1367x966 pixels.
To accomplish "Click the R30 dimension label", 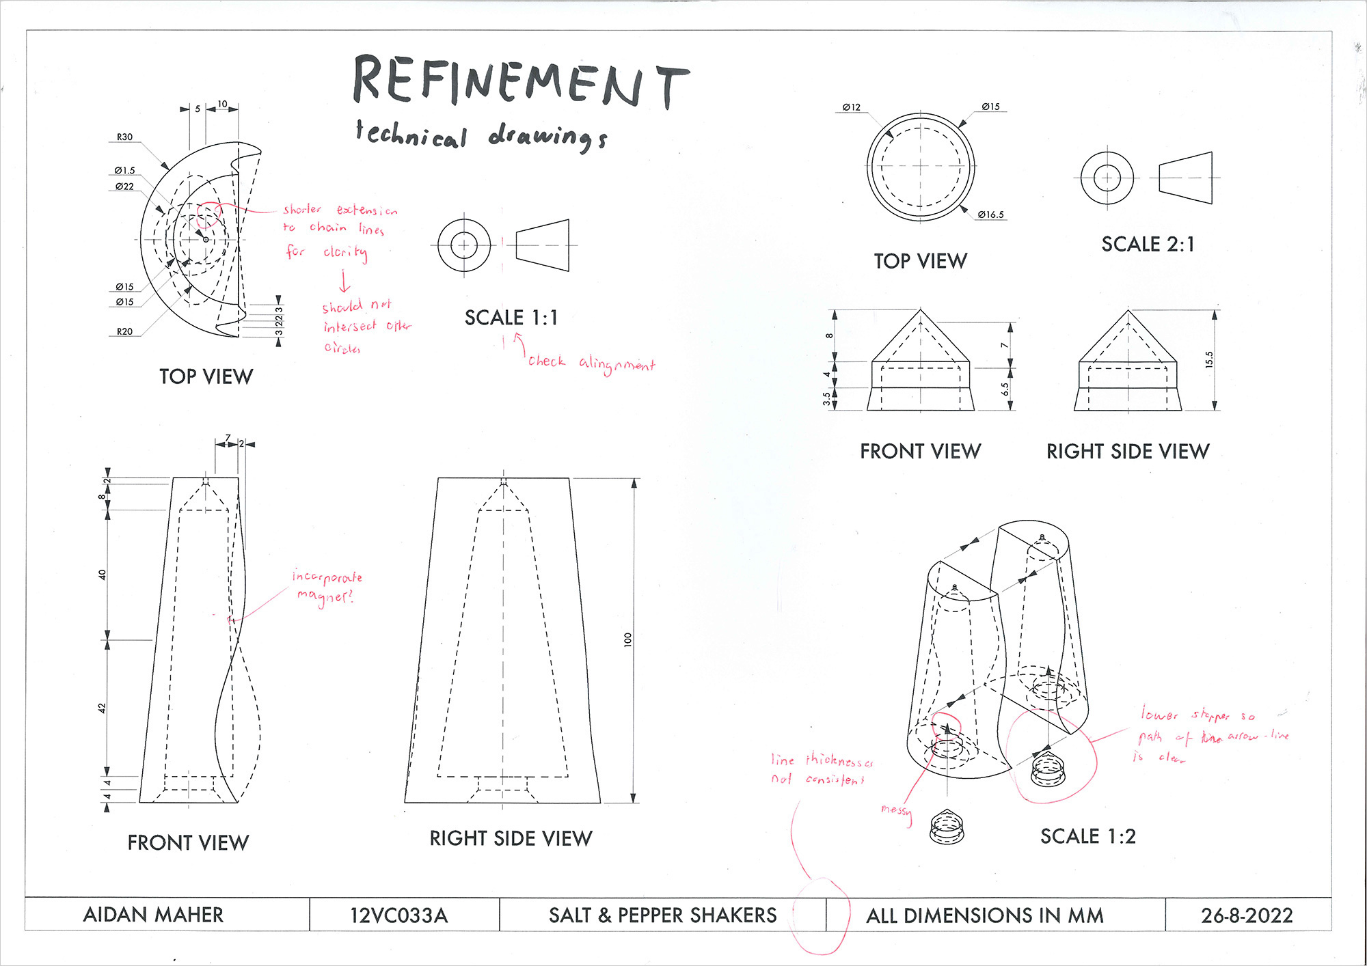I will point(124,137).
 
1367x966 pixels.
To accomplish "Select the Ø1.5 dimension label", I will point(124,171).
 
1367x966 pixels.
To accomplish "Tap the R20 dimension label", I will point(124,332).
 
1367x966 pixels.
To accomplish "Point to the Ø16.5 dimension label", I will point(990,215).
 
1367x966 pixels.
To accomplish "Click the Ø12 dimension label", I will point(852,108).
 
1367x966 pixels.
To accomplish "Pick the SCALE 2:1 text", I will point(1148,245).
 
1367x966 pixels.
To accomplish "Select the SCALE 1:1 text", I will point(511,318).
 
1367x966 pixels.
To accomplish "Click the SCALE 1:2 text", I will point(1087,836).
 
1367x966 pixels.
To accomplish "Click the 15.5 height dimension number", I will point(1209,360).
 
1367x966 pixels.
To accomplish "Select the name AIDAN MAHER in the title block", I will point(153,915).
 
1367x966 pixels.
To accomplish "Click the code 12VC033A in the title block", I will point(398,915).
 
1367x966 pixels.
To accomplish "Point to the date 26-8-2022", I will point(1247,915).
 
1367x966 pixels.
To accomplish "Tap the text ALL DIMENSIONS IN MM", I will point(984,915).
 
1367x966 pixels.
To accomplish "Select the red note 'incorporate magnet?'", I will point(327,587).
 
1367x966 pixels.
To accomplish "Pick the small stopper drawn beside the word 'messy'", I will point(947,826).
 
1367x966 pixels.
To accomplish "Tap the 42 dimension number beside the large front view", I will point(103,708).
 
